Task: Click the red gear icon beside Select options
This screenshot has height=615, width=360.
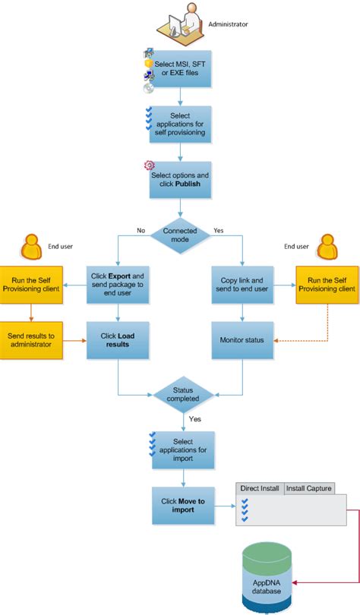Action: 149,166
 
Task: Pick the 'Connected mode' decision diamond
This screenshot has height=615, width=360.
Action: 179,235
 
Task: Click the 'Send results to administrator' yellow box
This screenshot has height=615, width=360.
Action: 30,339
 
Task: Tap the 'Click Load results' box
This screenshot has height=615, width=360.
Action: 118,339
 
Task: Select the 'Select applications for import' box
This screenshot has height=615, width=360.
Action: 183,449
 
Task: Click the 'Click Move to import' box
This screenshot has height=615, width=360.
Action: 183,505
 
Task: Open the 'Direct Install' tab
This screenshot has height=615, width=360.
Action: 259,488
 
